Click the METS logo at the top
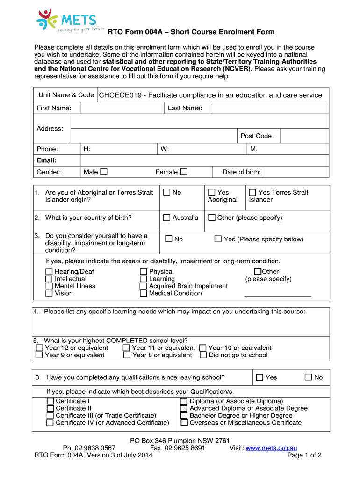66,21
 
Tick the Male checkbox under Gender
103,172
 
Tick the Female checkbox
184,172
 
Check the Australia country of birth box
166,218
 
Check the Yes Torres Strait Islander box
252,192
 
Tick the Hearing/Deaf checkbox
49,272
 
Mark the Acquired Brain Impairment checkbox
144,286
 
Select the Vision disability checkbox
49,293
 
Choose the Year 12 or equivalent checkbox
39,348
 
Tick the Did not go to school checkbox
203,355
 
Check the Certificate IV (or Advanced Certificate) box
50,423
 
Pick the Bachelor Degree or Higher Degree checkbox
184,416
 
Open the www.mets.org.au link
271,448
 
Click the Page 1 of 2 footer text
304,456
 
